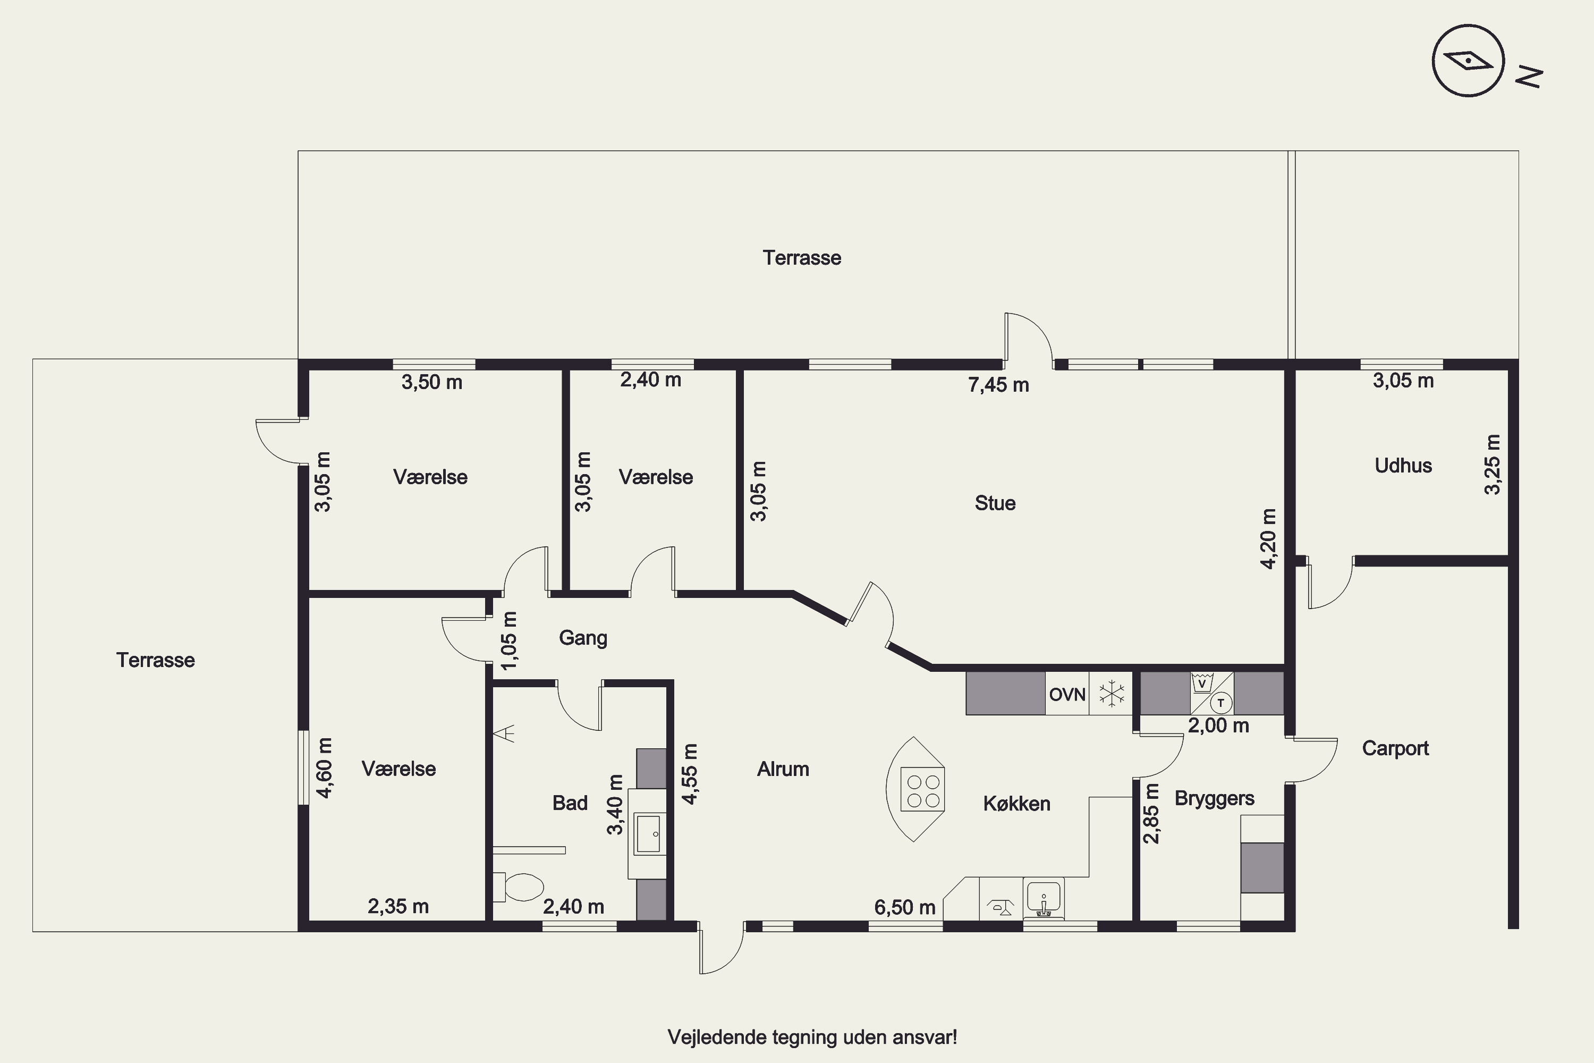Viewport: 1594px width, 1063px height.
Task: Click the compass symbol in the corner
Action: [1468, 61]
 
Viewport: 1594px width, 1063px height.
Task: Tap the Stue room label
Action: [995, 503]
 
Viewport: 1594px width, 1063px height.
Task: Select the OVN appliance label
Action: [1067, 694]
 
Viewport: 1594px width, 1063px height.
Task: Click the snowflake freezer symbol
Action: [1112, 694]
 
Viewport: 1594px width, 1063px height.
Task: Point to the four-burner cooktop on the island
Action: [922, 790]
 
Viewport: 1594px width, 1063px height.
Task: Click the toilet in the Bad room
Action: [519, 887]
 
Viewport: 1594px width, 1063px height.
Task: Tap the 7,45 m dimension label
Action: [998, 385]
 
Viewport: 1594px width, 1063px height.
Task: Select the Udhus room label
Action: [1403, 466]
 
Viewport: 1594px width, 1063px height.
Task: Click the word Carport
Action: [1395, 748]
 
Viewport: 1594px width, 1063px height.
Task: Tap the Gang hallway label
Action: [583, 638]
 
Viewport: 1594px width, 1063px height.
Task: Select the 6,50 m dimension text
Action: [905, 907]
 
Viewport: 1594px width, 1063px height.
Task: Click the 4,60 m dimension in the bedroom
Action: [325, 768]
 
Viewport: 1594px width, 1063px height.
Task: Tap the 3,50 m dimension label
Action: [431, 382]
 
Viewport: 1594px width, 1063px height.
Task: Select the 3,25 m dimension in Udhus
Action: [1493, 465]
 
